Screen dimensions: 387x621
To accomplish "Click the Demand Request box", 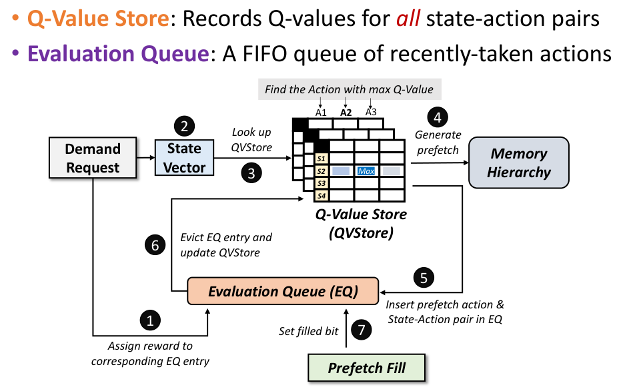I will (x=93, y=158).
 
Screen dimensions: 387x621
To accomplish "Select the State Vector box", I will (x=185, y=158).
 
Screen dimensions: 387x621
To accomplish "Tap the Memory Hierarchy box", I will (x=519, y=163).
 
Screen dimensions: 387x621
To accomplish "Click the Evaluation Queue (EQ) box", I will (x=283, y=291).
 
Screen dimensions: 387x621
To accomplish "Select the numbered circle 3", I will (x=251, y=174).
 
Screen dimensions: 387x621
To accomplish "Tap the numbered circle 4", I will (x=438, y=118).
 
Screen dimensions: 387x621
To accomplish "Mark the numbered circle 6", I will (x=154, y=244).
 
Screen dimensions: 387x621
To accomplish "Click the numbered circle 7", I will (x=360, y=330).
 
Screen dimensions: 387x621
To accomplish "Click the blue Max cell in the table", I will (x=366, y=171).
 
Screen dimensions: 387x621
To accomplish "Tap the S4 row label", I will (x=322, y=196).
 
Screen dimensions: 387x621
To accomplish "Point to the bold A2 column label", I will (x=346, y=112).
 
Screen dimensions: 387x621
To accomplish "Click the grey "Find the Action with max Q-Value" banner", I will (x=349, y=89).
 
